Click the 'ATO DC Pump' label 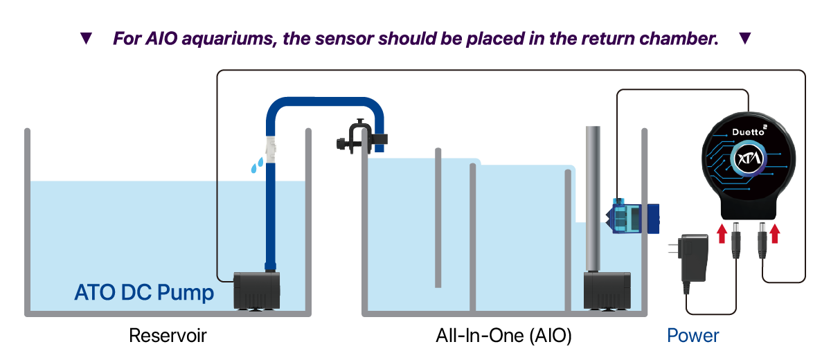point(144,293)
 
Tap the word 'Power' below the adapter point(693,336)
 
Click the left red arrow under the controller point(722,233)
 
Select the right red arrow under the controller point(775,233)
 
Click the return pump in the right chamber point(607,289)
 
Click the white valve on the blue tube point(271,148)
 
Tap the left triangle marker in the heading point(86,39)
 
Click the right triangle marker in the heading point(745,39)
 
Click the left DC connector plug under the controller point(736,240)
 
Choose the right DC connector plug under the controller point(762,240)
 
